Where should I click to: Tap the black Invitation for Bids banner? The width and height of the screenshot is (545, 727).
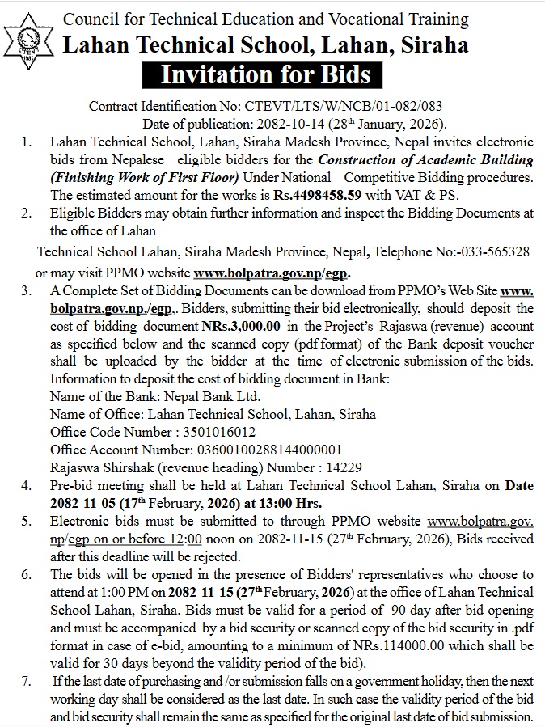point(266,74)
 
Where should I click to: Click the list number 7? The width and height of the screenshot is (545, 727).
point(27,680)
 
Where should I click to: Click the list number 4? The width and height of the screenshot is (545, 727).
point(27,485)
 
